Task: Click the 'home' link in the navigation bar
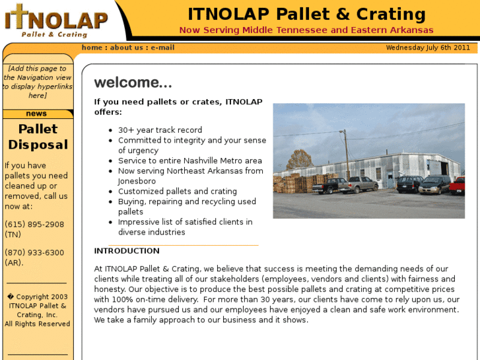pos(92,48)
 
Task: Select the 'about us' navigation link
pos(126,48)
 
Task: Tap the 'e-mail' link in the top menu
pos(162,48)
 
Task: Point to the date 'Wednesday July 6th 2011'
pos(428,48)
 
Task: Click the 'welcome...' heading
pos(133,83)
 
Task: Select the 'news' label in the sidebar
pos(36,114)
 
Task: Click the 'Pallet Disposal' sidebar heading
pos(38,137)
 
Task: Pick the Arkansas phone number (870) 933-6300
pos(34,253)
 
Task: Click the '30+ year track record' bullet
pos(160,130)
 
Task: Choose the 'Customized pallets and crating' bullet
pos(177,192)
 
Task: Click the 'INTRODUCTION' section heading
pos(127,251)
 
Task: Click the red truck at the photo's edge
pos(458,186)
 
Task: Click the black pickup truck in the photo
pos(330,186)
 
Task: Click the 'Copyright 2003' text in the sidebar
pos(38,297)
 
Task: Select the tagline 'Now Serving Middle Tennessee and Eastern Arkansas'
pos(306,30)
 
